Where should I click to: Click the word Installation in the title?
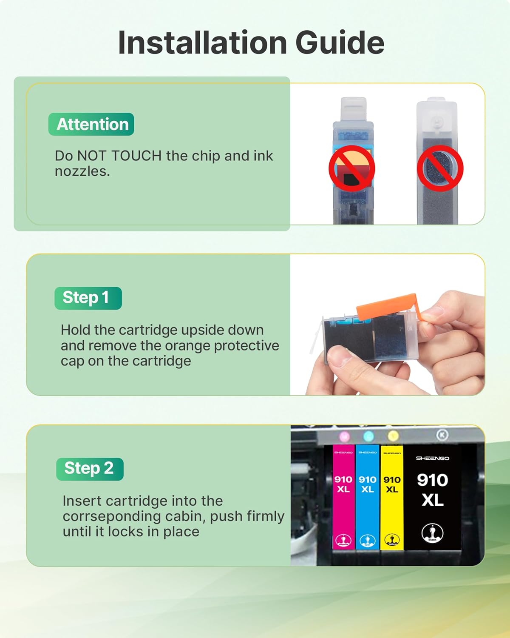click(202, 43)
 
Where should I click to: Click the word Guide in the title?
click(340, 43)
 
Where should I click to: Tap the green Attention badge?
click(91, 124)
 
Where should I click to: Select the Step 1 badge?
click(88, 298)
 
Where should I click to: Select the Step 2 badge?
click(90, 469)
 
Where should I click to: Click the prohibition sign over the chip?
click(352, 168)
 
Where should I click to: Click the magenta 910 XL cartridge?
click(343, 498)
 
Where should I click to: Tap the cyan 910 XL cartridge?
click(367, 498)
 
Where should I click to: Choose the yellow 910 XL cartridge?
click(391, 498)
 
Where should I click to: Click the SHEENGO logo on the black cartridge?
click(432, 458)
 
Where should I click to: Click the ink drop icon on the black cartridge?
click(432, 533)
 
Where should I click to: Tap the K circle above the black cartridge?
click(442, 435)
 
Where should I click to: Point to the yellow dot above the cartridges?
click(393, 436)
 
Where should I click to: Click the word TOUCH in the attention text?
click(136, 156)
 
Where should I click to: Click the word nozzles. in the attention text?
click(82, 171)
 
